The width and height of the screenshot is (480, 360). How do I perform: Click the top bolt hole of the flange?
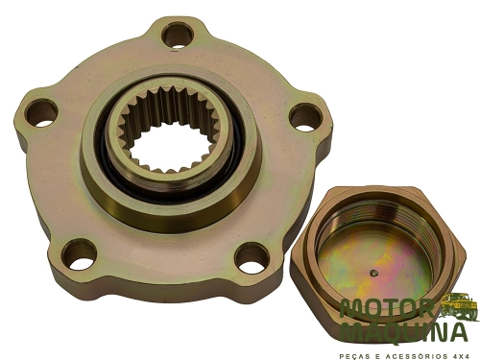(x=179, y=36)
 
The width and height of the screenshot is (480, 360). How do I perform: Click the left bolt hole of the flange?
(x=41, y=113)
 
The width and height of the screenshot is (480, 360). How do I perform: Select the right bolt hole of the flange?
(x=305, y=118)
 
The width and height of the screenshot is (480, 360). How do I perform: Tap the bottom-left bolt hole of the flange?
(x=79, y=254)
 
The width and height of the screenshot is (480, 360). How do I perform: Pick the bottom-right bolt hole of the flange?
(x=252, y=258)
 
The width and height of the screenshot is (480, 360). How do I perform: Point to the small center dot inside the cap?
(x=372, y=273)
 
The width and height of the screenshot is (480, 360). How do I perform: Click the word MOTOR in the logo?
(x=388, y=309)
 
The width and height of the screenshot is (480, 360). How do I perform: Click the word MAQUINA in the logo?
(x=404, y=332)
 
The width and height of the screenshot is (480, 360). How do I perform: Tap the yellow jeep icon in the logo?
(x=459, y=306)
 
